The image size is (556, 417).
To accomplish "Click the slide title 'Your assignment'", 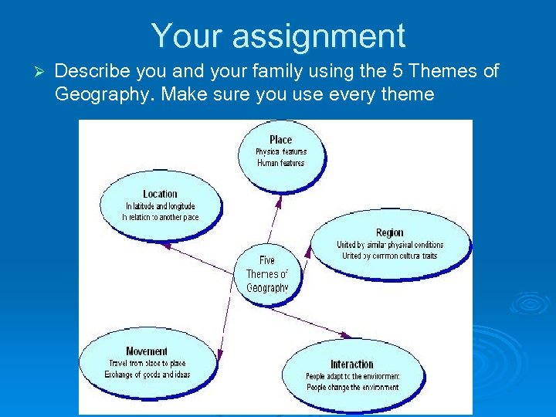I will [x=278, y=36].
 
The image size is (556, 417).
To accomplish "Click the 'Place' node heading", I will [x=280, y=140].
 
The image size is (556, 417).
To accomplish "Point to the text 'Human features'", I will [x=280, y=163].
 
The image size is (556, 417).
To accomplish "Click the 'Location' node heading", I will [x=160, y=194].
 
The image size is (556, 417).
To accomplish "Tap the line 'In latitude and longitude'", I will [x=160, y=206].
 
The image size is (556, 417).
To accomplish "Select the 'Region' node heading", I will [x=389, y=232].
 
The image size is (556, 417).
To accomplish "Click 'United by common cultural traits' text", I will [x=389, y=256].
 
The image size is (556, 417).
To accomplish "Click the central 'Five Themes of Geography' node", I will [x=266, y=274].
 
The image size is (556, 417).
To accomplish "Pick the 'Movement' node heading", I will [x=147, y=351].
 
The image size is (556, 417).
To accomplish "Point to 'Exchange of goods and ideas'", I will [x=147, y=375].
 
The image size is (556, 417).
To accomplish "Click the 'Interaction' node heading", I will [x=352, y=364].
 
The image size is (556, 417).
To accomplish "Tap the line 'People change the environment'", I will [x=352, y=387].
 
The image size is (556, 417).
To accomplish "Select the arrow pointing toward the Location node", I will [x=201, y=257].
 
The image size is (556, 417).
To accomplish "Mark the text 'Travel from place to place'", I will [x=147, y=363].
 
